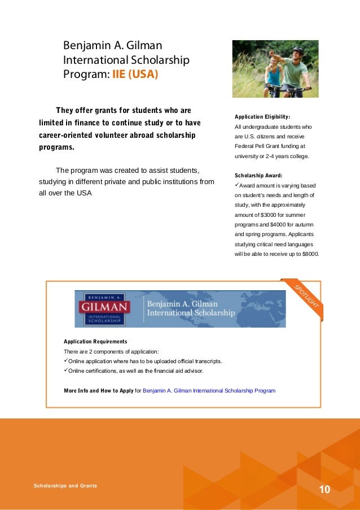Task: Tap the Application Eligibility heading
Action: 262,117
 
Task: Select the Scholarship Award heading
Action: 258,176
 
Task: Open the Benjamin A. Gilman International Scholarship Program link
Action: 209,390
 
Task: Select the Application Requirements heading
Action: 95,342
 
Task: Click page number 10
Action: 324,489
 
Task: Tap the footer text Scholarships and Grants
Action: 65,486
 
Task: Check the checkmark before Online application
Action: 66,361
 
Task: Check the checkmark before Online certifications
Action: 66,371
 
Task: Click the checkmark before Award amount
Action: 237,185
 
